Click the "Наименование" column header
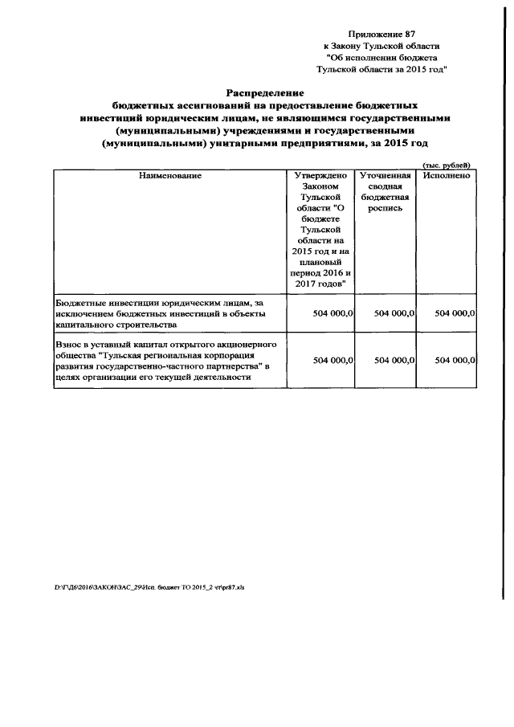[169, 175]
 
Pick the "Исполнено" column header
[447, 175]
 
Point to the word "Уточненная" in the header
[385, 175]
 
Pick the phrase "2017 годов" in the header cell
[320, 284]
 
